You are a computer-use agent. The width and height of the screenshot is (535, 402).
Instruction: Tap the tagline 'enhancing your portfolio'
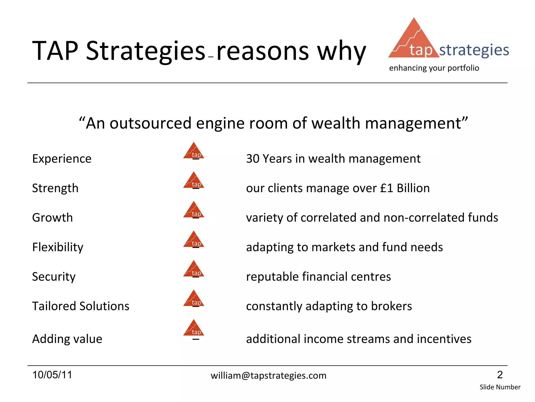coord(434,68)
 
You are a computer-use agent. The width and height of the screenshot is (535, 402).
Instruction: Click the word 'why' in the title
coord(341,51)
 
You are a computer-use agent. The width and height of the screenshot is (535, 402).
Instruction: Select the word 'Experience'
coord(62,159)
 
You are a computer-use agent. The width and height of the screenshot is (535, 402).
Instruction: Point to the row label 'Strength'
coord(55,188)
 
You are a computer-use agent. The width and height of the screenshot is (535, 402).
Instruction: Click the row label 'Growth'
coord(52,218)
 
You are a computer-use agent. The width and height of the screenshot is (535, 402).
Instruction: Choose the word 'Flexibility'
coord(57,247)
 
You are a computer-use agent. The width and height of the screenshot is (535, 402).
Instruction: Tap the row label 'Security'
coord(54,277)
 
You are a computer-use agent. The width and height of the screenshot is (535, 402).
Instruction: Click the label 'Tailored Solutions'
coord(80,306)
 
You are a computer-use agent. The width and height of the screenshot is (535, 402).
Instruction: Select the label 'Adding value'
coord(67,339)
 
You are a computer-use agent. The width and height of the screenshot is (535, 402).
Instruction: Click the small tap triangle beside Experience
coord(194,151)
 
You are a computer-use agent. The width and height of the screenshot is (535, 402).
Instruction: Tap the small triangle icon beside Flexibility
coord(194,240)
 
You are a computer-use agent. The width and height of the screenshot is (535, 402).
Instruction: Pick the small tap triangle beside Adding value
coord(194,328)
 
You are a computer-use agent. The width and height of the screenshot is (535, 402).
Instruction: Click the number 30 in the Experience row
coord(252,159)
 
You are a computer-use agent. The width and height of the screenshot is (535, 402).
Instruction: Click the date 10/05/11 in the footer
coord(52,375)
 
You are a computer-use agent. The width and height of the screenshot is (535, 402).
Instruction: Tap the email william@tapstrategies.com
coord(269,376)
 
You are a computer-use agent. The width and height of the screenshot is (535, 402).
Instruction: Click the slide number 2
coord(500,375)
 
